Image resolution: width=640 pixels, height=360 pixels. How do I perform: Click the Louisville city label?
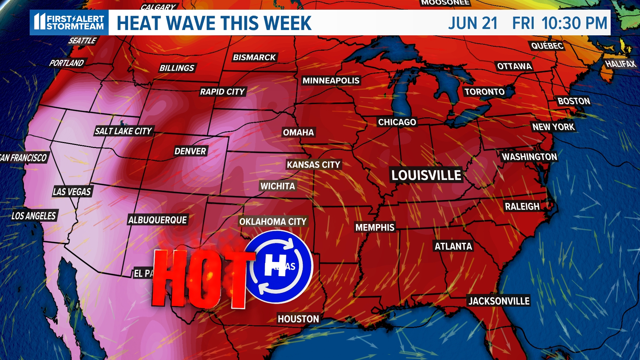(x=426, y=175)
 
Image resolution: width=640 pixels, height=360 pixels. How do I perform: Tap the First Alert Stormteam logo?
(x=69, y=23)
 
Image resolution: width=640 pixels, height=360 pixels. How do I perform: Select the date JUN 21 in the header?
(x=473, y=23)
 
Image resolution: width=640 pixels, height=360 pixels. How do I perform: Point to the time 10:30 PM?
(x=574, y=23)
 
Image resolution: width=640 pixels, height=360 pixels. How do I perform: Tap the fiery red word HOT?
(x=200, y=278)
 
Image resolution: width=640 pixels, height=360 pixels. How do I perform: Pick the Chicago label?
(x=397, y=122)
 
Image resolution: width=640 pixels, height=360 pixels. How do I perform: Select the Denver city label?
(x=190, y=151)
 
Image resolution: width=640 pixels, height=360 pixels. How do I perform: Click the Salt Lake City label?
(x=123, y=131)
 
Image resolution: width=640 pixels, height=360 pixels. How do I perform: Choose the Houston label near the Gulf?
(x=298, y=319)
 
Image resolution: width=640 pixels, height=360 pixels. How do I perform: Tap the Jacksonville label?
(x=499, y=301)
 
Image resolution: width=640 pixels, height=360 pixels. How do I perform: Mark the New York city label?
(x=553, y=127)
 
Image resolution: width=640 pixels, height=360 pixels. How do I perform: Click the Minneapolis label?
(x=331, y=81)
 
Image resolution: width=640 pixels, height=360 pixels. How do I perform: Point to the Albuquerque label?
(x=158, y=220)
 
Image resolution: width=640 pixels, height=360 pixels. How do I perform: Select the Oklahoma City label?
(x=273, y=222)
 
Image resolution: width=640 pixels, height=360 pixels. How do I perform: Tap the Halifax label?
(x=620, y=64)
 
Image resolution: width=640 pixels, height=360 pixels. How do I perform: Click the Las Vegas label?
(x=72, y=192)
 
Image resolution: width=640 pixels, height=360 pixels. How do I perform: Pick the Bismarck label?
(x=254, y=57)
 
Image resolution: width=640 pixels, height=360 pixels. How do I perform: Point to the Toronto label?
(x=484, y=92)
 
